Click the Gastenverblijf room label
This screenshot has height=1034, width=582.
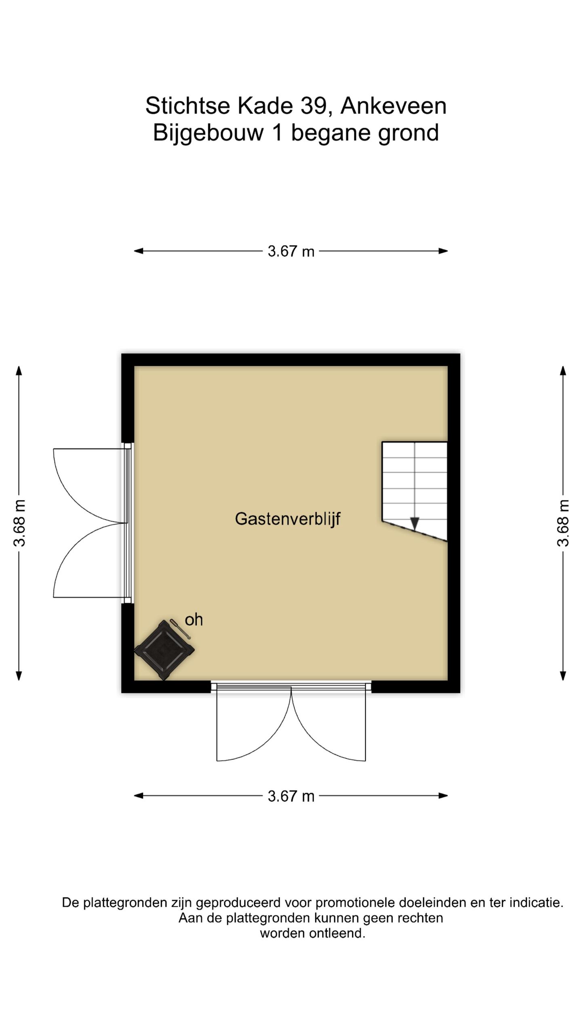287,519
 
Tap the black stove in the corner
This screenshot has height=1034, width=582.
164,650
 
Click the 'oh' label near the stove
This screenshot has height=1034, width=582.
194,620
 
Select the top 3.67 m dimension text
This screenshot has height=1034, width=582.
291,251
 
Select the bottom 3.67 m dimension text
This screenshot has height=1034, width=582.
291,796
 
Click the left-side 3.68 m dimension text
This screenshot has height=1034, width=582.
19,523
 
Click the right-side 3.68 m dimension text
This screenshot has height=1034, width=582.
563,523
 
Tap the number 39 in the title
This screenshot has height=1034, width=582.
313,106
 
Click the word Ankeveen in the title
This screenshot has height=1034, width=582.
393,106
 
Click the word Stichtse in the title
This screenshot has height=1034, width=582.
188,106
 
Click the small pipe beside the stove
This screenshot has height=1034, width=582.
180,629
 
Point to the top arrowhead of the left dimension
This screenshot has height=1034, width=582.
19,370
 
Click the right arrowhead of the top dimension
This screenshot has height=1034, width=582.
443,251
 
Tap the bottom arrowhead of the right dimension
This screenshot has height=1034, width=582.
563,676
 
